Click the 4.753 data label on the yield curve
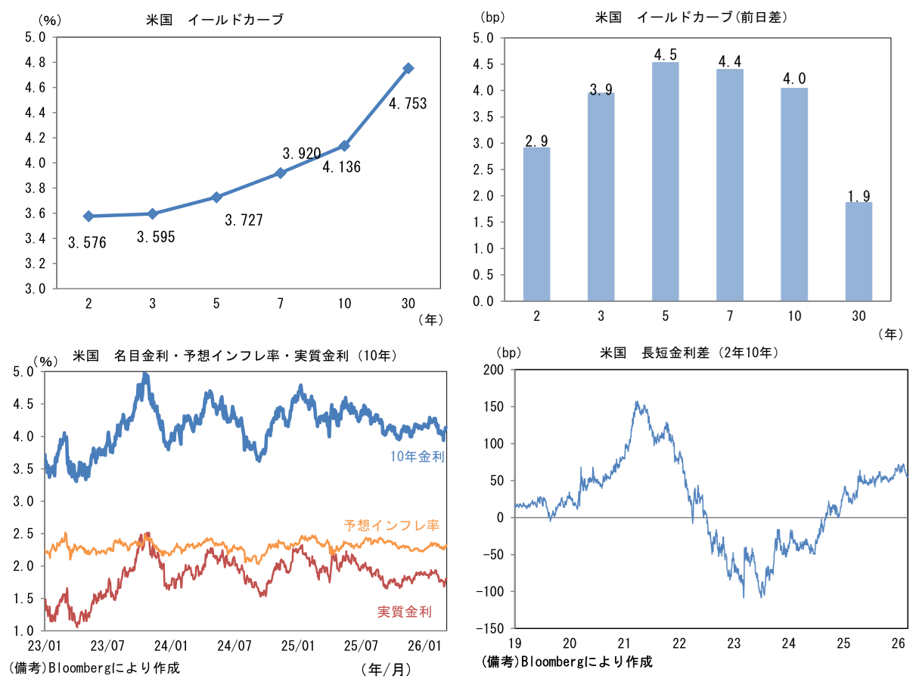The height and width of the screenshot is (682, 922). click(408, 104)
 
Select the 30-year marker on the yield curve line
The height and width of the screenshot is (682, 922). click(408, 69)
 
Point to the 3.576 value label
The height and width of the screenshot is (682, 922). click(87, 243)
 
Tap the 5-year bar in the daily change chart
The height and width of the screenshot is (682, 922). click(666, 181)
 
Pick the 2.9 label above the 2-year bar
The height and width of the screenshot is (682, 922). click(536, 141)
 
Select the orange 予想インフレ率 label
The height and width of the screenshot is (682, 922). click(392, 525)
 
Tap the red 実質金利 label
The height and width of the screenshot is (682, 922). click(404, 612)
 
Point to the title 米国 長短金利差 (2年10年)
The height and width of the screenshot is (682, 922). click(689, 353)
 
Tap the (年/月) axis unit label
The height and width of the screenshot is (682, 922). click(386, 668)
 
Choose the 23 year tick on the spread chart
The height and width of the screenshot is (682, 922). click(733, 643)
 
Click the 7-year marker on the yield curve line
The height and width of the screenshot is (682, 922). click(281, 173)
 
